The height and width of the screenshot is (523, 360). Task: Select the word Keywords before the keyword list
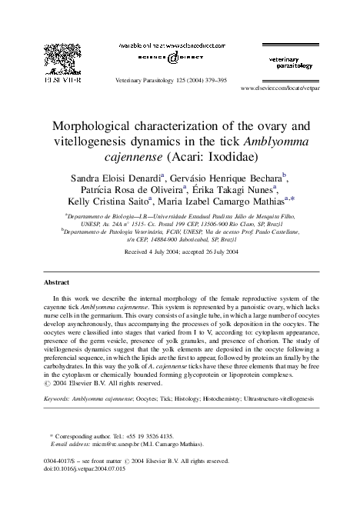coord(58,400)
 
